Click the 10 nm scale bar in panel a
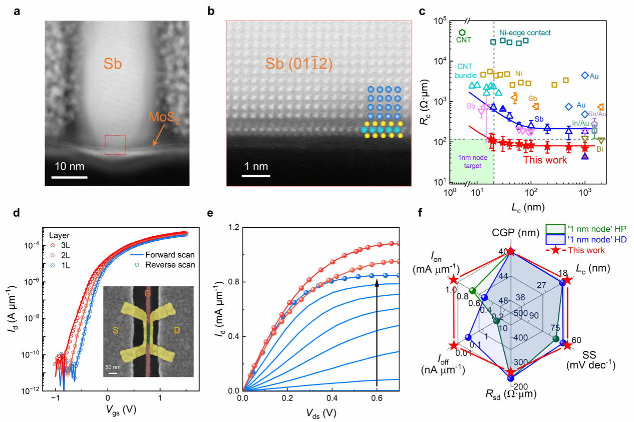pos(69,177)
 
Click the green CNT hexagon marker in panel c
pos(462,32)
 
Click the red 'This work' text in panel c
pos(545,160)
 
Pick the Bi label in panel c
pos(599,149)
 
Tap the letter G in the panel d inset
pos(148,293)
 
